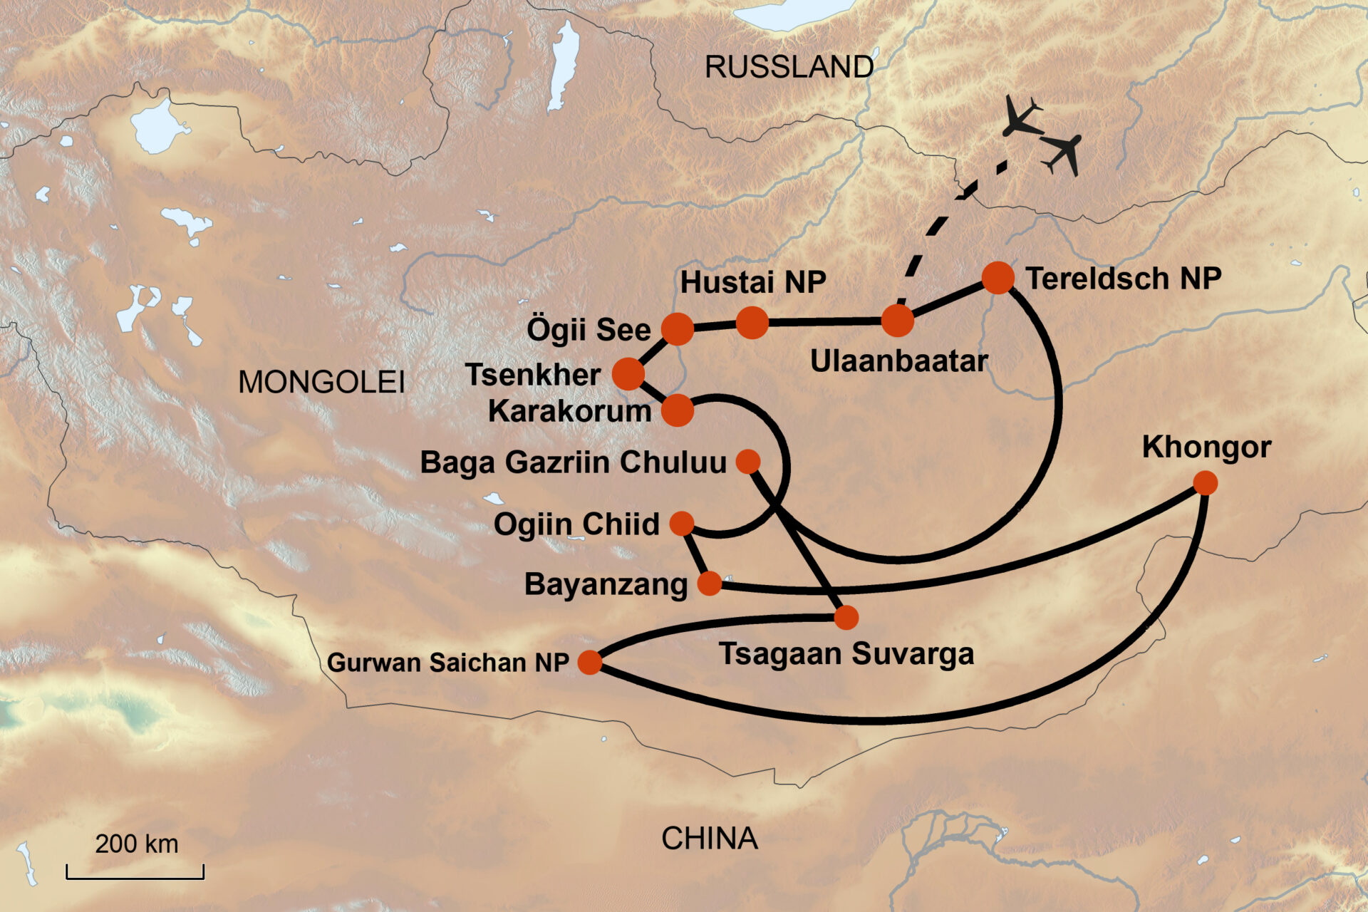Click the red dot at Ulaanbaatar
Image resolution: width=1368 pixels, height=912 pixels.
click(897, 321)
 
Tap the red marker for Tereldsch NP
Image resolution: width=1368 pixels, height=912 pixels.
click(997, 277)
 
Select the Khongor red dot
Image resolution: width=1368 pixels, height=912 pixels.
click(1205, 483)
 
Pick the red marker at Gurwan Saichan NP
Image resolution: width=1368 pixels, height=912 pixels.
click(590, 662)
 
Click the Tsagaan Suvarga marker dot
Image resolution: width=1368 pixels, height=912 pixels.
click(846, 617)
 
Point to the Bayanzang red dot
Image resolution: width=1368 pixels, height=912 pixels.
click(709, 584)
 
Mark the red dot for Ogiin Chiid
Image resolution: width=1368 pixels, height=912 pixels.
click(682, 524)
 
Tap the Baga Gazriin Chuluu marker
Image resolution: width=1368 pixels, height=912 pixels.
click(747, 462)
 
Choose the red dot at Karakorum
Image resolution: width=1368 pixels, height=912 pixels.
click(677, 410)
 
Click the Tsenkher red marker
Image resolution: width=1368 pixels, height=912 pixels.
click(628, 373)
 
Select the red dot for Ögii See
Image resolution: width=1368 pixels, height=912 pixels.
click(677, 328)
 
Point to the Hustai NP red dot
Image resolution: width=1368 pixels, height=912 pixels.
click(752, 323)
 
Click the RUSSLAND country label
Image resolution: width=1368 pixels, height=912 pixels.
click(789, 68)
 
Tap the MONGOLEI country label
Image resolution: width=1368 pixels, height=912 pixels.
click(321, 383)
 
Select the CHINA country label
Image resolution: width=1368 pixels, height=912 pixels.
click(709, 839)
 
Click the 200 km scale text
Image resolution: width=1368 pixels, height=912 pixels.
click(137, 844)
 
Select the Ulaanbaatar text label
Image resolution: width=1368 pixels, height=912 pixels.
click(898, 361)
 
